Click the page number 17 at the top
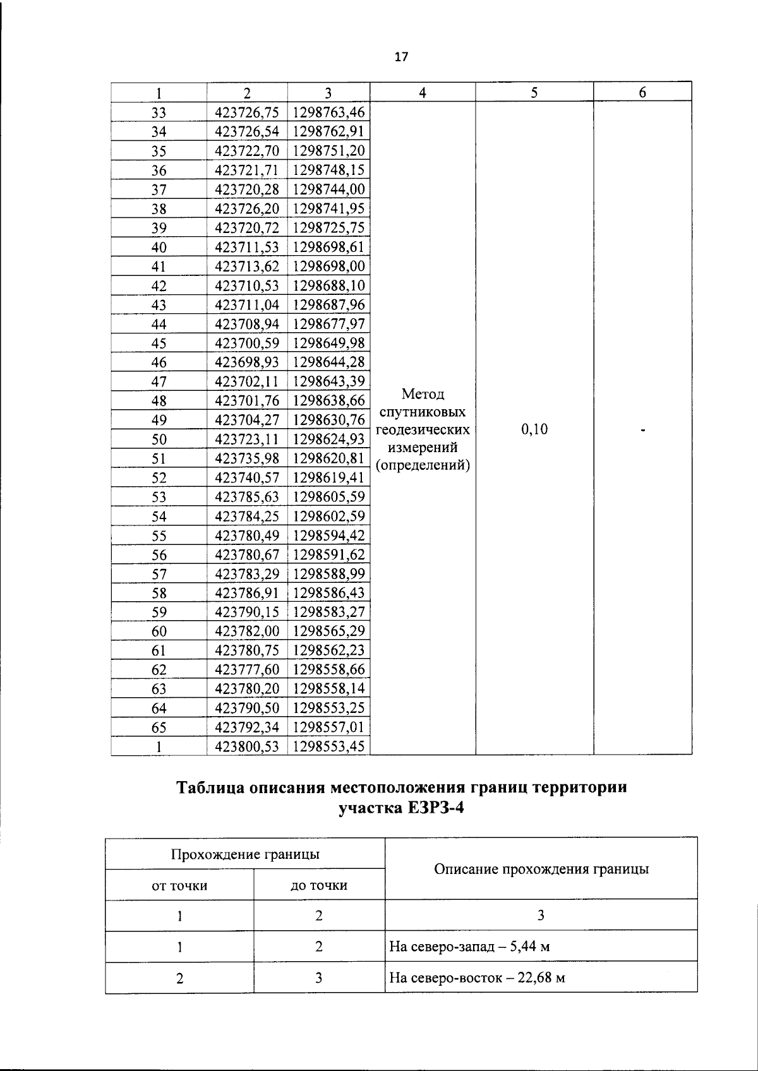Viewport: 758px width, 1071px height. pos(401,57)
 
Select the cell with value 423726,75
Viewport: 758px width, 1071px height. pos(247,112)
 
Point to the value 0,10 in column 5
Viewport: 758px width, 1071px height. pos(534,429)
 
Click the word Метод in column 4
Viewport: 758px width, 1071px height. pos(423,395)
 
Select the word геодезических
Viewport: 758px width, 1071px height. pos(423,430)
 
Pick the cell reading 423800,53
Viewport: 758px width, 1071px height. pos(247,746)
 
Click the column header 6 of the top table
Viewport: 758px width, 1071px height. pos(642,92)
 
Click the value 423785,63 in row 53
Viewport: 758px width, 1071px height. pos(247,497)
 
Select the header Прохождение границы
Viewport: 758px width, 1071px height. pos(245,854)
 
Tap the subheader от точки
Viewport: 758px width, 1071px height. pos(179,885)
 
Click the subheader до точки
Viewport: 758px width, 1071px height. pos(319,885)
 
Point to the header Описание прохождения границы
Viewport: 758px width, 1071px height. pos(541,869)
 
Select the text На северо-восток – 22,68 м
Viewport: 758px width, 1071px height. pos(477,978)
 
